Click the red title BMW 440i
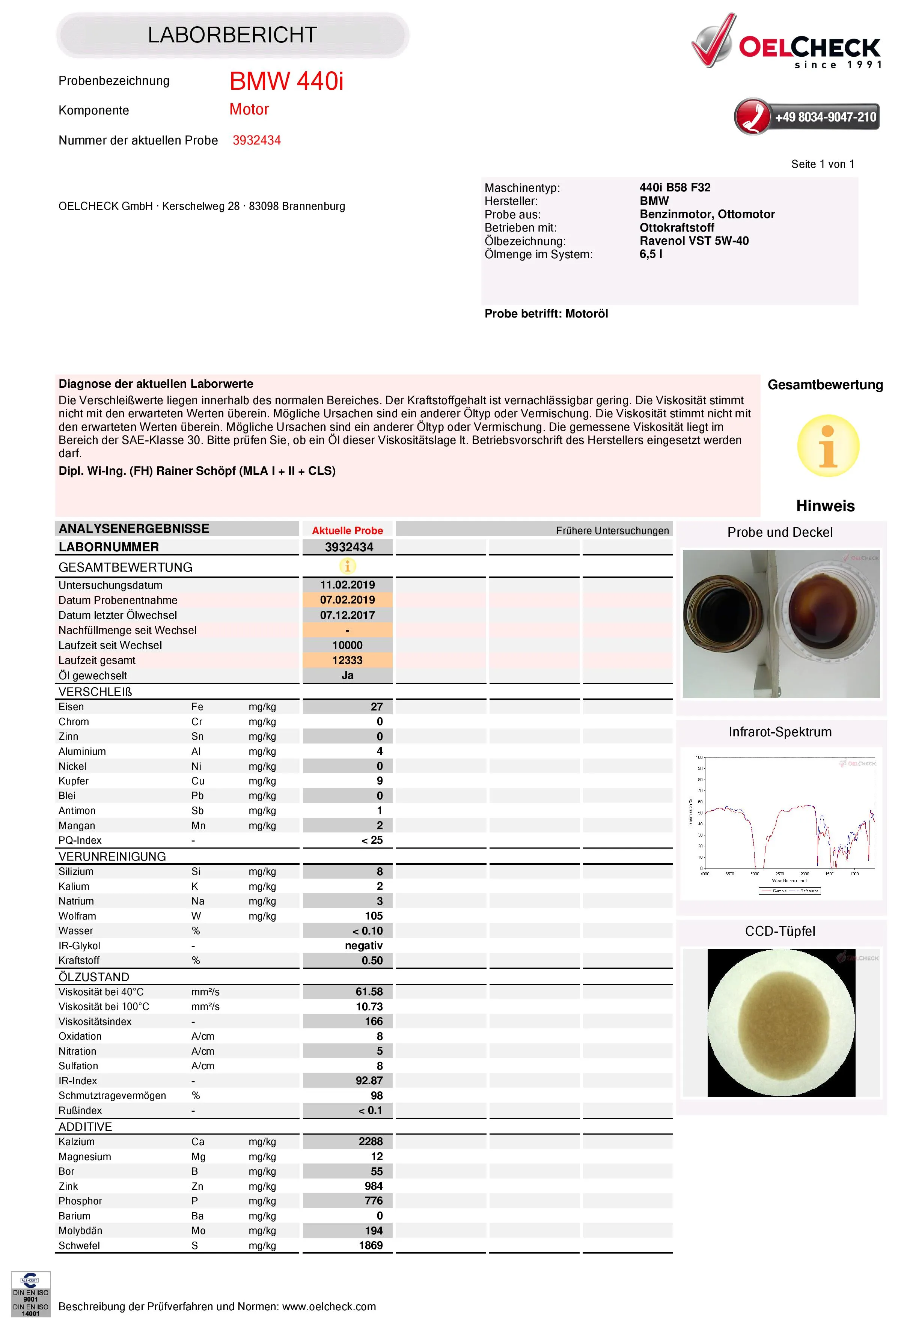pyautogui.click(x=286, y=81)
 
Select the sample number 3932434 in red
pyautogui.click(x=257, y=140)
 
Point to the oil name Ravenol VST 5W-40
pyautogui.click(x=693, y=241)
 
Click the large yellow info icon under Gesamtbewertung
pyautogui.click(x=827, y=446)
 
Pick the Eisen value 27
pyautogui.click(x=377, y=707)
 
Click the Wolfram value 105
pyautogui.click(x=373, y=916)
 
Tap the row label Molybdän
pyautogui.click(x=80, y=1230)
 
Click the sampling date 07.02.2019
pyautogui.click(x=347, y=600)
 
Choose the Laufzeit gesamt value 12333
pyautogui.click(x=347, y=660)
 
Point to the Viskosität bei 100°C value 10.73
pyautogui.click(x=369, y=1007)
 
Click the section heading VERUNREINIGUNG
pyautogui.click(x=112, y=856)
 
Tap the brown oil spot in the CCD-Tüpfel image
pyautogui.click(x=780, y=1022)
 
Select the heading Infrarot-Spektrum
pyautogui.click(x=780, y=732)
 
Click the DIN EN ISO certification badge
pyautogui.click(x=31, y=1294)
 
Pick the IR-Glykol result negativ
pyautogui.click(x=363, y=946)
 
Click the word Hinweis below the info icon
pyautogui.click(x=825, y=506)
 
